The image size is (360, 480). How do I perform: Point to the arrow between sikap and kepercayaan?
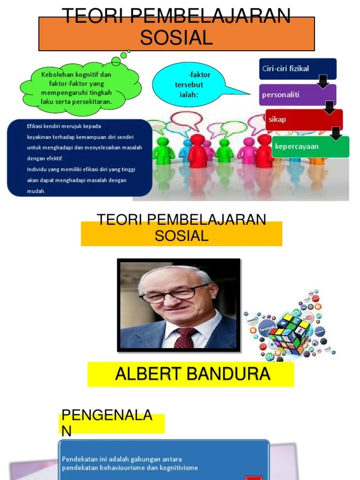(x=336, y=133)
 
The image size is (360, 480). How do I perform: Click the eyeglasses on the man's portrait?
(x=173, y=293)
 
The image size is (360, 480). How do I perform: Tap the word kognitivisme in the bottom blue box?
(x=178, y=467)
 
